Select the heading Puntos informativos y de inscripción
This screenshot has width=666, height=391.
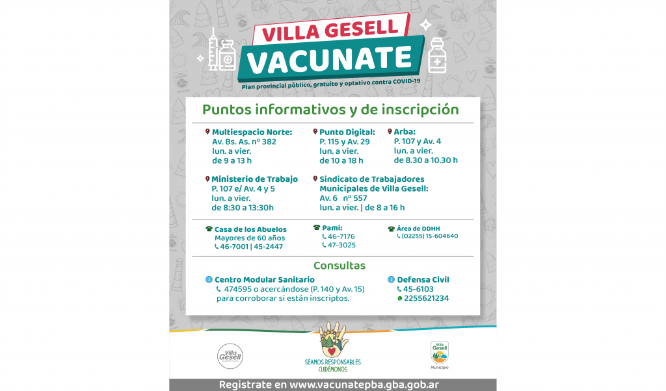point(330,110)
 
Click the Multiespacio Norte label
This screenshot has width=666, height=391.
point(252,132)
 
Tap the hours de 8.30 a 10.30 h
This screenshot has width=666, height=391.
point(425,160)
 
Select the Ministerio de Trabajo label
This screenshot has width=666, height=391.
point(254,179)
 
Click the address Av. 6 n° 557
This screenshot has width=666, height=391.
point(343,198)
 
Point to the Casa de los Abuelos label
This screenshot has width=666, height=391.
point(250,229)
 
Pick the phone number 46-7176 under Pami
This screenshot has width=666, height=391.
point(341,236)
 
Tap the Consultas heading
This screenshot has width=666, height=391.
point(339,266)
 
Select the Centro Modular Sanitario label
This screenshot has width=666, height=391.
point(260,280)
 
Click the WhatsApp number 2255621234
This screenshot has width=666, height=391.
point(425,299)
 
